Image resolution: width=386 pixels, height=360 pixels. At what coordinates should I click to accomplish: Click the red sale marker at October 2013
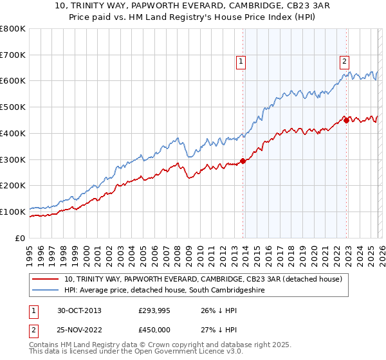(243, 161)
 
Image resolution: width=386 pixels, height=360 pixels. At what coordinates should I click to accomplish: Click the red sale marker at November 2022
(346, 120)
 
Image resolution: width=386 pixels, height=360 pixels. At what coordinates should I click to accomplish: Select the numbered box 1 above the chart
(240, 62)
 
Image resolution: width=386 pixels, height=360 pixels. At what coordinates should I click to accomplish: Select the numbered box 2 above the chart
(344, 62)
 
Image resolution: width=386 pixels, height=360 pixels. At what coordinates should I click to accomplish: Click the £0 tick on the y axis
(19, 238)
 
